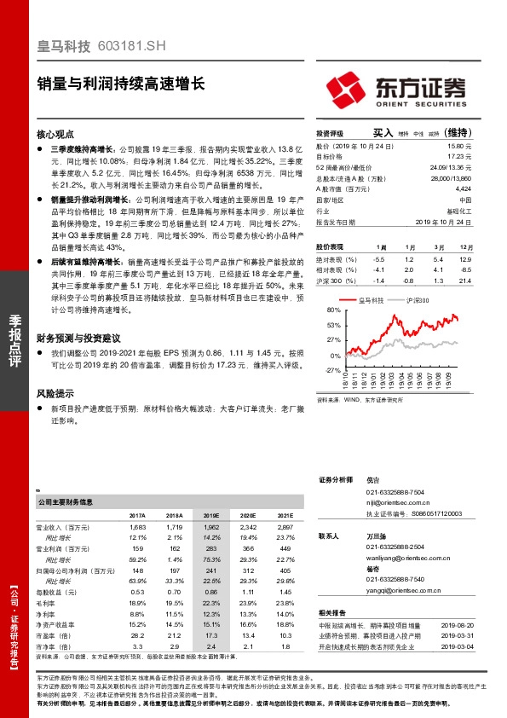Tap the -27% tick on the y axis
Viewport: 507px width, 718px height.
click(x=334, y=370)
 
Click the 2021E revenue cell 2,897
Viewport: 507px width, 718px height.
click(x=285, y=529)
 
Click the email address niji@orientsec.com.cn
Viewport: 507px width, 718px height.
click(x=396, y=504)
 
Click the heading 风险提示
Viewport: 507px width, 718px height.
click(x=55, y=394)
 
